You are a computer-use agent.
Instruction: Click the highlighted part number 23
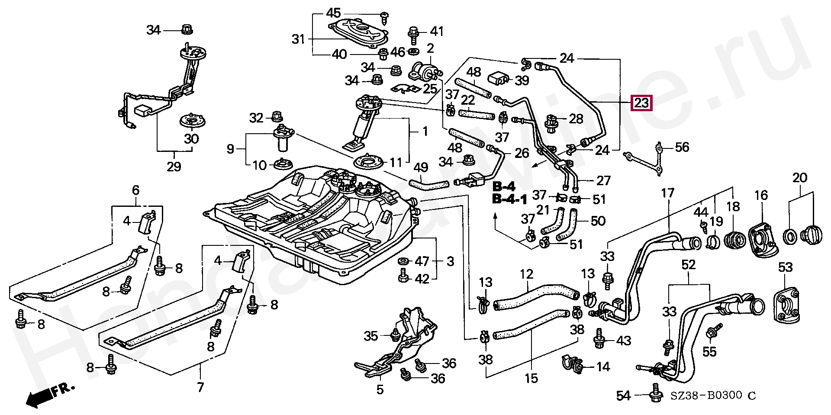point(641,103)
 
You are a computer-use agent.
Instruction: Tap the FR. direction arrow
point(50,395)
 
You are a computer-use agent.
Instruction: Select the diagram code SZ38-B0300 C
point(713,396)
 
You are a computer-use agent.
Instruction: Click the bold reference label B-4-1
point(510,199)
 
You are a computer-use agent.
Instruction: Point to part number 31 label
point(299,39)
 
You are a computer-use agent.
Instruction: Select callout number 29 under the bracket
point(174,167)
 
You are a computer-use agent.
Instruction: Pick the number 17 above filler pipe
point(668,193)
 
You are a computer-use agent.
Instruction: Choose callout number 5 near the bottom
point(380,389)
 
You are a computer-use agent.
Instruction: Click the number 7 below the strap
point(200,386)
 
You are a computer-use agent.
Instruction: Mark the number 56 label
point(682,147)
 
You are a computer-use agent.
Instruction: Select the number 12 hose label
point(526,274)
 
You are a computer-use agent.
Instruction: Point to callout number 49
point(421,167)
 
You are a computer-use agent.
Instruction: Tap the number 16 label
point(761,195)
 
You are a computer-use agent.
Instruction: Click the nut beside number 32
point(276,116)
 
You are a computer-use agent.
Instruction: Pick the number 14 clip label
point(603,367)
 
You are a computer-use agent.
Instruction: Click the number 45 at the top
point(333,13)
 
